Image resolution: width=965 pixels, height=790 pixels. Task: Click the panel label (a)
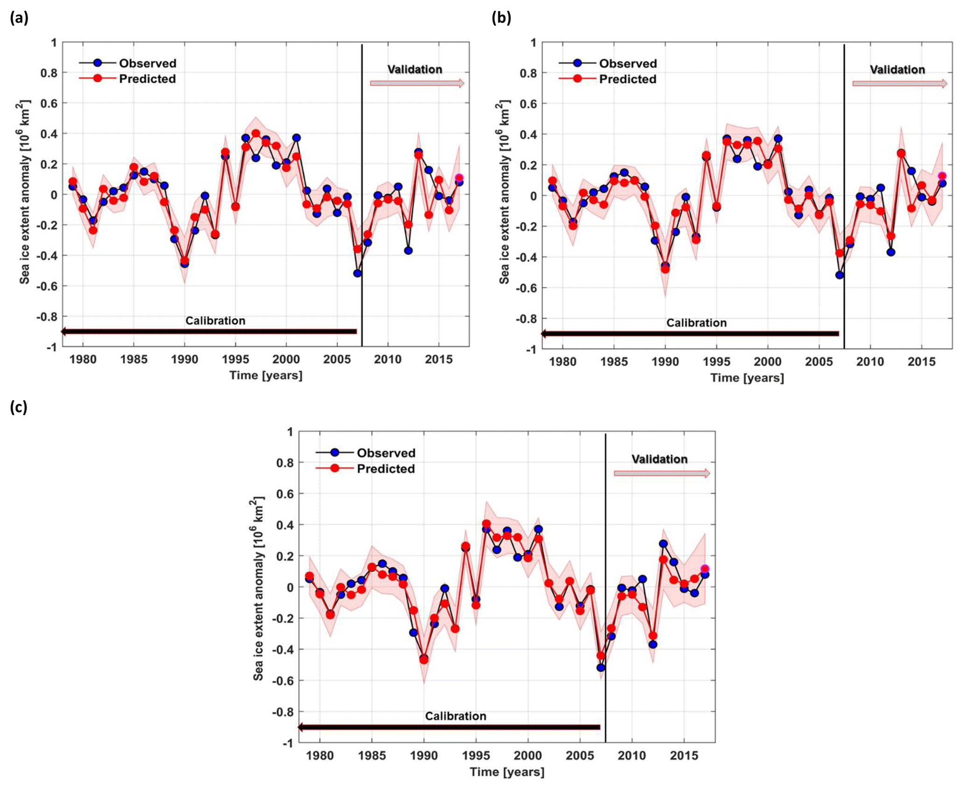pos(19,18)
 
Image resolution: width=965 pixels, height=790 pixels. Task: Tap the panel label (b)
pos(501,18)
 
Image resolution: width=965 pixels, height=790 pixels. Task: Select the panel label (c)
pos(19,407)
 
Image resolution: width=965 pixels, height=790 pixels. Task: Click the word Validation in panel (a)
pos(415,69)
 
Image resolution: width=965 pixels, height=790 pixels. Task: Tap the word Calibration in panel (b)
pos(696,323)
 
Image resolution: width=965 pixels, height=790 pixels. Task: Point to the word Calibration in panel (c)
pos(455,716)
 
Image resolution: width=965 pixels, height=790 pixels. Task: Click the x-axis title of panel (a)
pos(266,375)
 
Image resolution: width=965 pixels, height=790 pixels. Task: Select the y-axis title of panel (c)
pos(257,589)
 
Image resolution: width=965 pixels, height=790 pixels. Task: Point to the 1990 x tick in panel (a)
pos(184,359)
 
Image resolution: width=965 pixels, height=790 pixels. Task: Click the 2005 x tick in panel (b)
pos(818,362)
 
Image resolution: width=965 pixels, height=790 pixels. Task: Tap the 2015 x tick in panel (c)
pos(684,755)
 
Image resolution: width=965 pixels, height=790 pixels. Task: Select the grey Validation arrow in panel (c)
pos(662,473)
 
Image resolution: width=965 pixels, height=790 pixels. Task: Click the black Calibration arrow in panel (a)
pos(209,332)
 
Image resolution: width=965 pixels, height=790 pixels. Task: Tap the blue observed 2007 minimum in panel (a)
pos(358,273)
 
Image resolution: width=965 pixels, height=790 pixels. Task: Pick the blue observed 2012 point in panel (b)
pos(891,252)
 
